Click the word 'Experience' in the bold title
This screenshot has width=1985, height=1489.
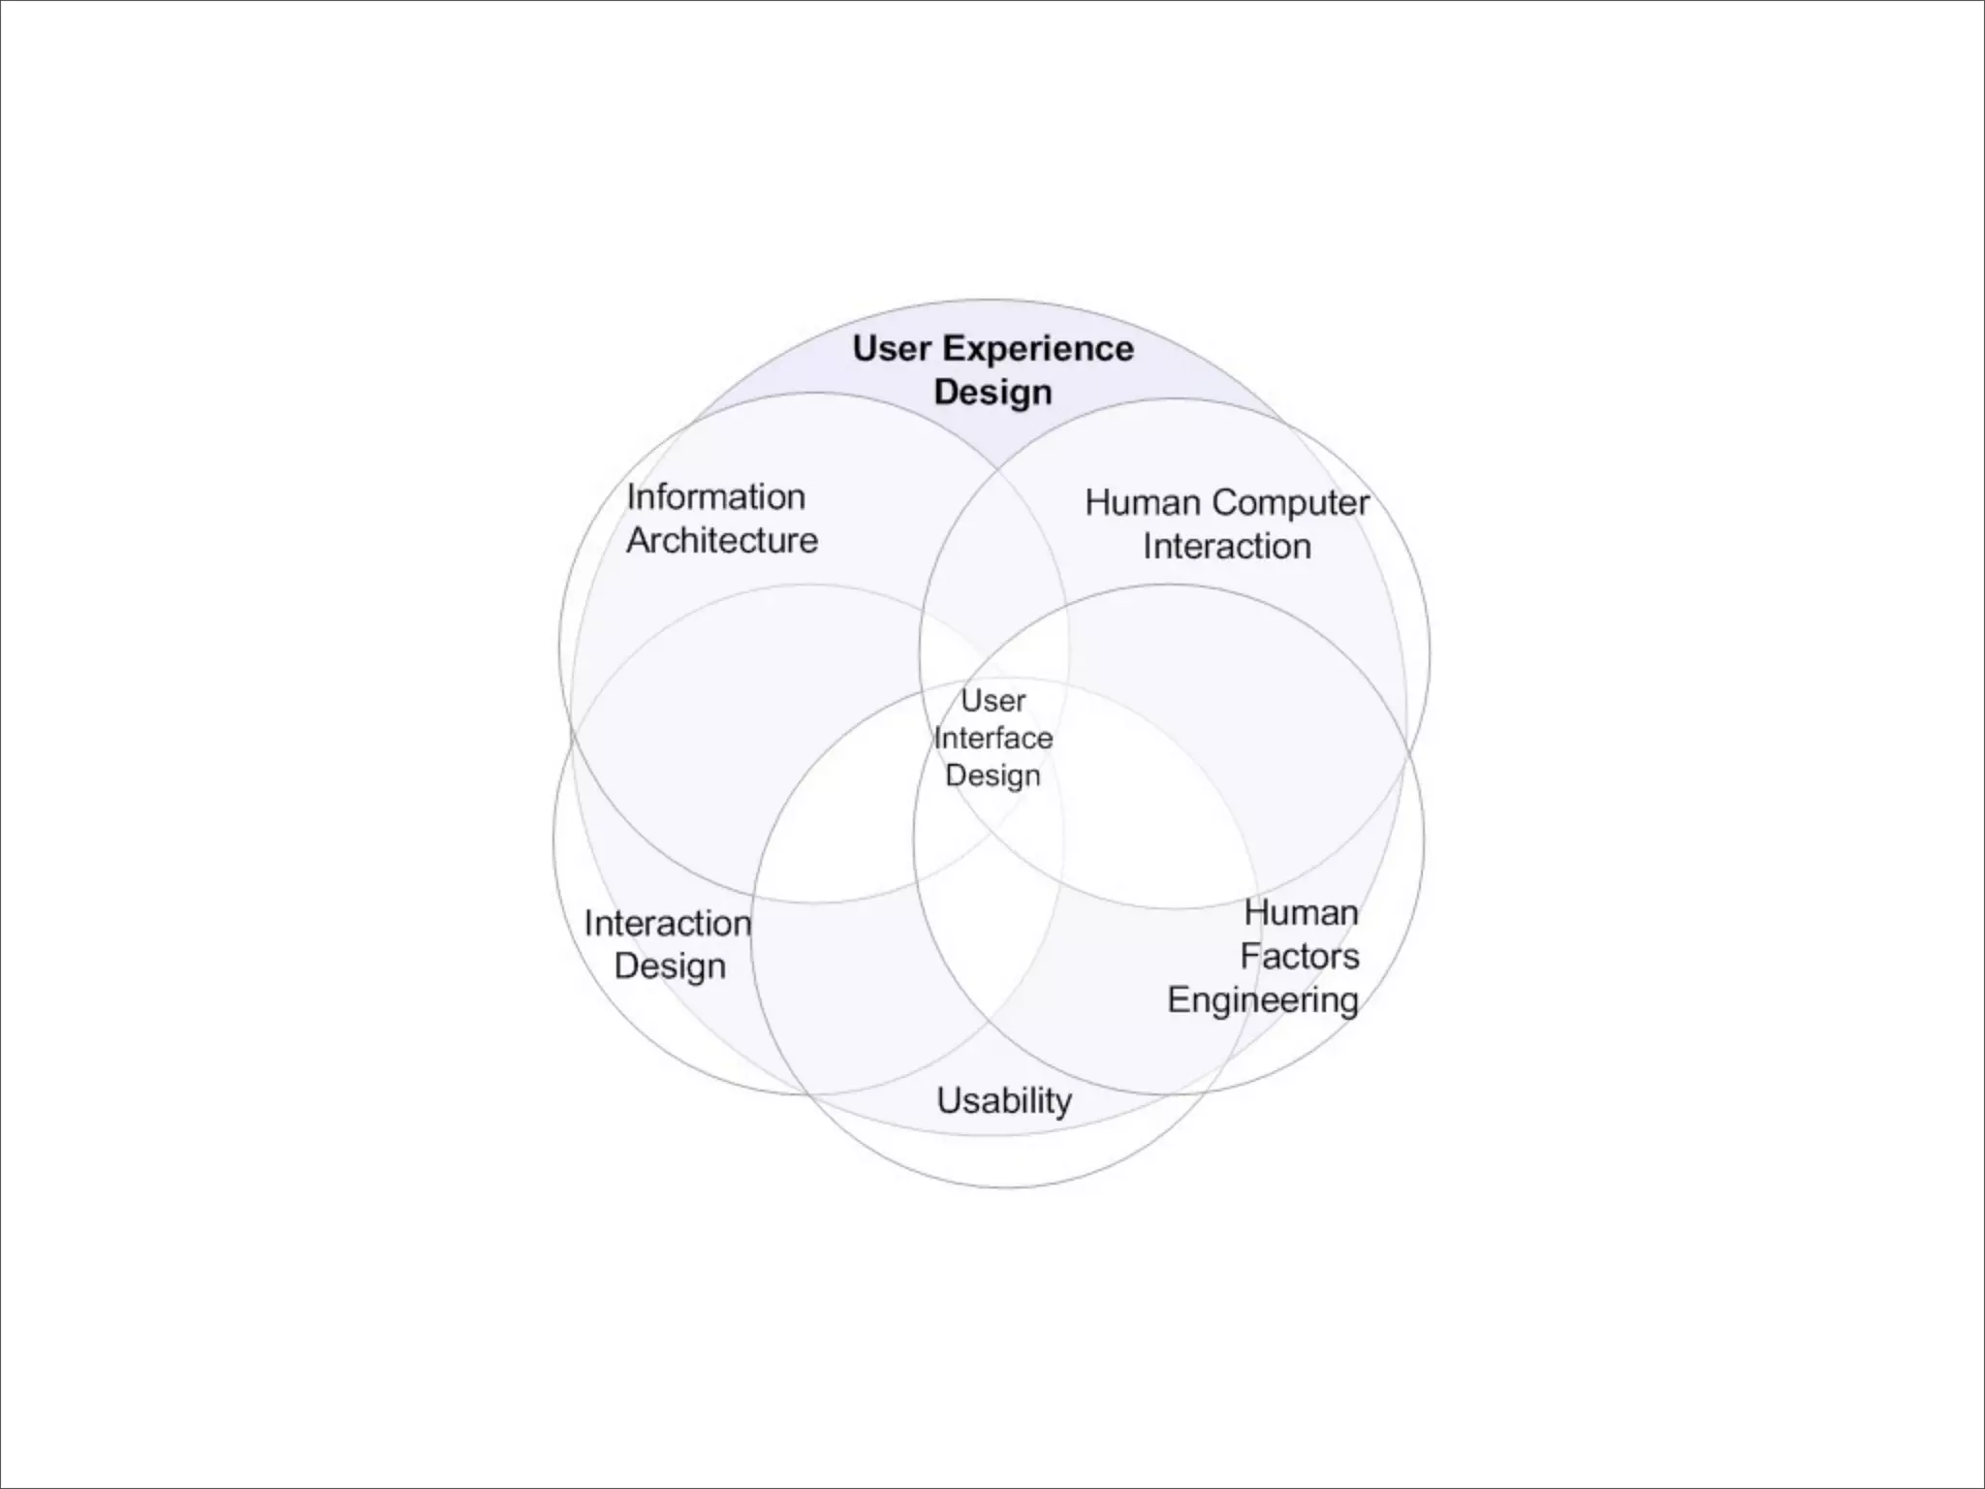(x=1038, y=350)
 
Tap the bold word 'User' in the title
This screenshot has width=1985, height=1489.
(x=892, y=348)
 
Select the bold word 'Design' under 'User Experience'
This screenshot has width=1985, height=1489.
(x=992, y=393)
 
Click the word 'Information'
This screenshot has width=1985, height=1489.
(x=715, y=496)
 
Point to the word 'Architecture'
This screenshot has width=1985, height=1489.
(x=722, y=540)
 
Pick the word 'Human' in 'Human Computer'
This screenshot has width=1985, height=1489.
(x=1142, y=502)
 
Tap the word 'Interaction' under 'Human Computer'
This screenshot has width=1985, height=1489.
(x=1226, y=546)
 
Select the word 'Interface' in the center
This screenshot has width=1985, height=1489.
(x=992, y=738)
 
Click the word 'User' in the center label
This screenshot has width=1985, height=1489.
(x=992, y=700)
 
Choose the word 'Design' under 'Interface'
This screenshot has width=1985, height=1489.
(x=992, y=776)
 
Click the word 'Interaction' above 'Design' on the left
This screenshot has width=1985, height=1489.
(x=667, y=923)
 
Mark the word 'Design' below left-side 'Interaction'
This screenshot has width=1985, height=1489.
(x=670, y=966)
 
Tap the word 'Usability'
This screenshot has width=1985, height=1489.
(x=1004, y=1100)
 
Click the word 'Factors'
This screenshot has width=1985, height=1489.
(x=1299, y=956)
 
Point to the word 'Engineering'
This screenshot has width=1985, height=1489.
(x=1262, y=999)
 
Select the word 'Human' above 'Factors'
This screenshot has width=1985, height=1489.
(x=1301, y=912)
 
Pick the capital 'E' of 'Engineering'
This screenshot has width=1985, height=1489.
(x=1179, y=998)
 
